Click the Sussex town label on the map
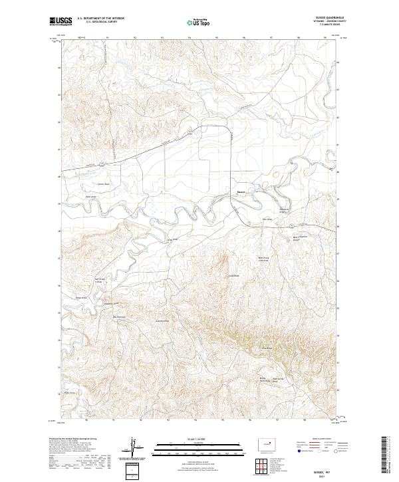click(241, 195)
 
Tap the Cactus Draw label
click(103, 184)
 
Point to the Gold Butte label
click(233, 276)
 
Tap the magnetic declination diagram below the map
click(139, 448)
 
